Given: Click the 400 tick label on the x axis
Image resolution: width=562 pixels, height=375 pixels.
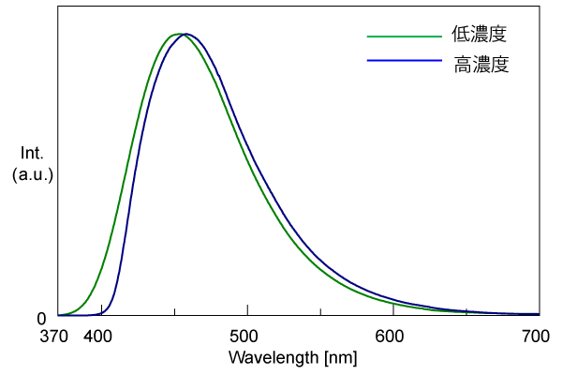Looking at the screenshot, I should [x=99, y=337].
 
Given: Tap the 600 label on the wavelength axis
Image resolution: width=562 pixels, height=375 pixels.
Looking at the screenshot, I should [x=391, y=337].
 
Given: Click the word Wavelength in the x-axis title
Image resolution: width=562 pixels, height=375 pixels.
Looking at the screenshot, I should [x=273, y=357].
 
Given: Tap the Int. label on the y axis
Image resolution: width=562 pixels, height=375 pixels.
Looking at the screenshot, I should [x=32, y=153].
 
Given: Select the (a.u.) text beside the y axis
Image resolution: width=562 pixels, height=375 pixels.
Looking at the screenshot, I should [x=33, y=175].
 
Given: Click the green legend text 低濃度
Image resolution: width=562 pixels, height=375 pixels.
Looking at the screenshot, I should [x=480, y=35].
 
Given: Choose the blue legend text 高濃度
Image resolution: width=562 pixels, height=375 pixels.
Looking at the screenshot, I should [x=480, y=66].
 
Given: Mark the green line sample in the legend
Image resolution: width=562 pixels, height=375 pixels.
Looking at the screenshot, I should [x=403, y=36].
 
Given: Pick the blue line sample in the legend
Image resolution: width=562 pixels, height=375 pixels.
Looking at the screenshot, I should [x=403, y=60].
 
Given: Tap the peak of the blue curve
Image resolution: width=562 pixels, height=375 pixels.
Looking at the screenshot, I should [x=186, y=34].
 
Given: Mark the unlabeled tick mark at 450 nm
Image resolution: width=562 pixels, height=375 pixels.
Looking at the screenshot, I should [x=174, y=311].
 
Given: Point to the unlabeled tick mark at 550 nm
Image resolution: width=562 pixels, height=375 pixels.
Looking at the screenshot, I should [x=320, y=311].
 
